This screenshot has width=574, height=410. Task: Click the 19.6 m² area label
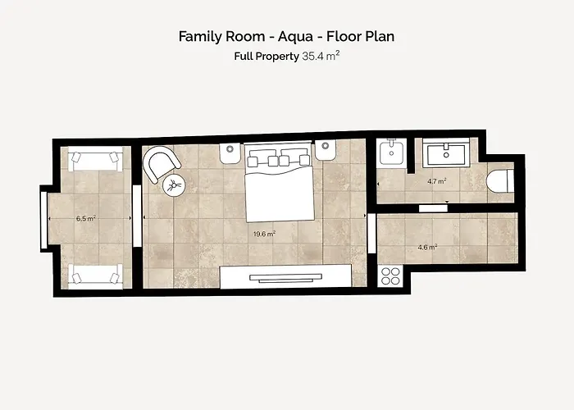click(x=264, y=234)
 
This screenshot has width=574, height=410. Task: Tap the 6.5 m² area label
click(x=86, y=219)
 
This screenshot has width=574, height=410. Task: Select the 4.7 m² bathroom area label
click(x=437, y=181)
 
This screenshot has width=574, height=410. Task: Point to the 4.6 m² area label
click(x=427, y=248)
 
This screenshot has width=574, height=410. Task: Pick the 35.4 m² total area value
click(x=321, y=56)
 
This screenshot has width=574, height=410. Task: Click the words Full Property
click(x=266, y=57)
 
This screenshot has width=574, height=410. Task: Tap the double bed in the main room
click(x=280, y=182)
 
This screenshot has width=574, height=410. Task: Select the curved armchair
click(x=161, y=163)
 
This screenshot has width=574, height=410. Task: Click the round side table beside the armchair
click(x=174, y=185)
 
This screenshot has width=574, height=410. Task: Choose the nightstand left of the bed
click(x=230, y=153)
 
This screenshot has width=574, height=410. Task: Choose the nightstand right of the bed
click(x=326, y=150)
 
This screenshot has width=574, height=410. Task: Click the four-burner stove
click(x=390, y=276)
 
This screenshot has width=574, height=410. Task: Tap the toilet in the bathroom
click(x=500, y=180)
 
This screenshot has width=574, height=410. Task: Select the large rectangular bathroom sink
click(x=446, y=153)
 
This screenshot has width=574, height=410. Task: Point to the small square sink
click(x=392, y=153)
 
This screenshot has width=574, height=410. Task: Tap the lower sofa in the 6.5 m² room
click(x=96, y=276)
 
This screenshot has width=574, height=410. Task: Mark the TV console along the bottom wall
click(x=285, y=276)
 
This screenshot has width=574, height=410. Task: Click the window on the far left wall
click(x=44, y=220)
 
